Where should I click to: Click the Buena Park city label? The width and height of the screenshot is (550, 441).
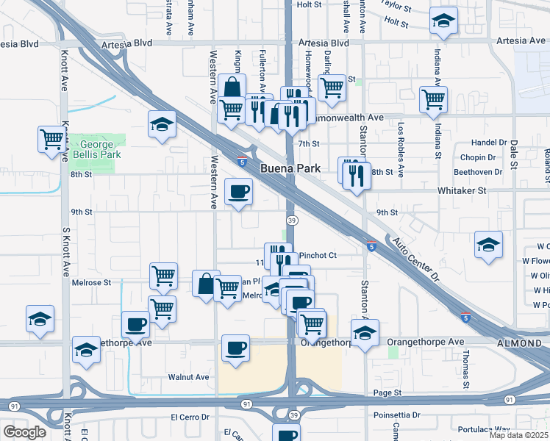point(290,168)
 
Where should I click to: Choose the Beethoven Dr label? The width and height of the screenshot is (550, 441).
point(479,172)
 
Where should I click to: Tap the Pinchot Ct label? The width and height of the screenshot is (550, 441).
point(318,255)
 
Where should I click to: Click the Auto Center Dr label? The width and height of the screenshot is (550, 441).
point(414,261)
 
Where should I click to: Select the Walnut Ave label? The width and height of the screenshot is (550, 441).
point(189,377)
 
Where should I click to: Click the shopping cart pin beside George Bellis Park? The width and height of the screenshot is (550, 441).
point(52,138)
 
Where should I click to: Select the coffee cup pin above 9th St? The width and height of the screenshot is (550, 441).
point(238,192)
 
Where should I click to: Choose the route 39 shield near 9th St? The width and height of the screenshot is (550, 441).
point(292,220)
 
